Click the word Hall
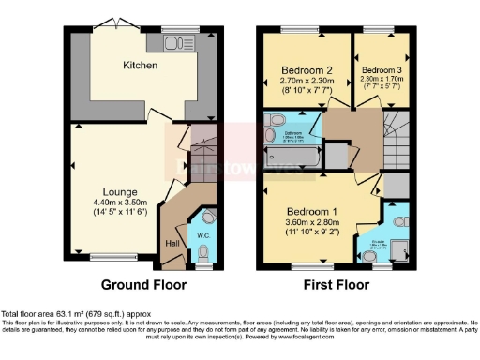(x=172, y=244)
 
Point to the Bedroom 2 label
(x=307, y=70)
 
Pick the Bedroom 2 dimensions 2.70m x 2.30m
(x=307, y=81)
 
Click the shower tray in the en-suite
(x=399, y=247)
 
